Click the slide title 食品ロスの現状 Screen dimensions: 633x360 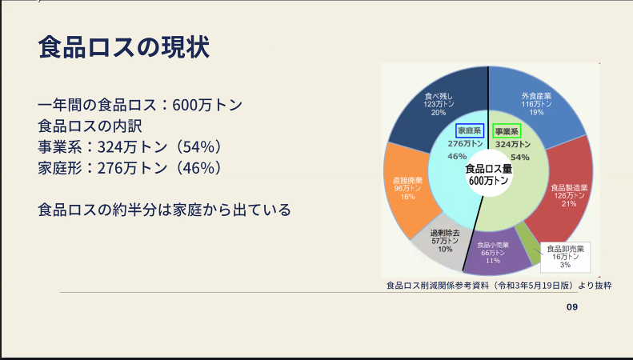click(x=124, y=47)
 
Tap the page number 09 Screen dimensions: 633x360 click(x=572, y=307)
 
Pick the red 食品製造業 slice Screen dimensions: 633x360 click(x=567, y=194)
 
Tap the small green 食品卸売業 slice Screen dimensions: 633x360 click(x=530, y=240)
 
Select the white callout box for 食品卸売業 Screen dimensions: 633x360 click(x=565, y=257)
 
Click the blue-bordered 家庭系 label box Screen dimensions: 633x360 click(x=470, y=130)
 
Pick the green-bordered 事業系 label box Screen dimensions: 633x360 click(x=507, y=131)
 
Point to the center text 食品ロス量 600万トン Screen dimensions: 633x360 click(x=488, y=174)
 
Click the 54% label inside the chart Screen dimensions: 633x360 click(x=520, y=158)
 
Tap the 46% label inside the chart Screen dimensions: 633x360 click(x=457, y=156)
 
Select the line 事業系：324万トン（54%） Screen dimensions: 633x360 click(x=130, y=147)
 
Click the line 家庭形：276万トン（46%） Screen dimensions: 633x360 click(x=130, y=168)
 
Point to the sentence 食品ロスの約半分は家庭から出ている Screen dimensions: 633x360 click(x=164, y=210)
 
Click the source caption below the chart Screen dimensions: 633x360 click(x=499, y=286)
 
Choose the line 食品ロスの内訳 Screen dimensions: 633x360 click(x=90, y=126)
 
